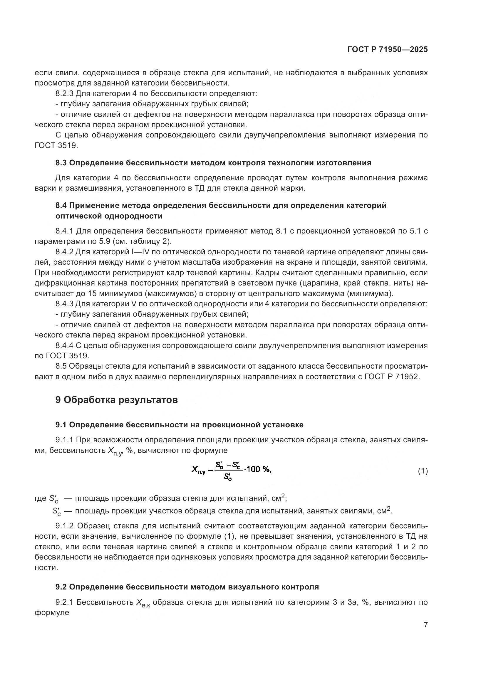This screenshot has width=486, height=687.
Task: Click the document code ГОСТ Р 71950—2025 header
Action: [x=388, y=50]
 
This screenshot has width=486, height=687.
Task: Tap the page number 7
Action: [x=425, y=625]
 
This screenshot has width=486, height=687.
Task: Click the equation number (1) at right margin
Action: [x=423, y=471]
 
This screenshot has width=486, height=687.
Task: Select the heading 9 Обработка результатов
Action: [x=116, y=400]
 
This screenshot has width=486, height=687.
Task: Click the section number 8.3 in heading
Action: [x=61, y=163]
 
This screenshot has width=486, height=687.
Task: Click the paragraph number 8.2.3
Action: [x=64, y=93]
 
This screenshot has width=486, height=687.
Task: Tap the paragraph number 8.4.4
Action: [x=64, y=345]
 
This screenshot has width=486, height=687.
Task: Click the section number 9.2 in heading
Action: [x=61, y=587]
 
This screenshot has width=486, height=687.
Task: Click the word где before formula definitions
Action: [x=40, y=498]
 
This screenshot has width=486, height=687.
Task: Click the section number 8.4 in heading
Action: [x=61, y=205]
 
